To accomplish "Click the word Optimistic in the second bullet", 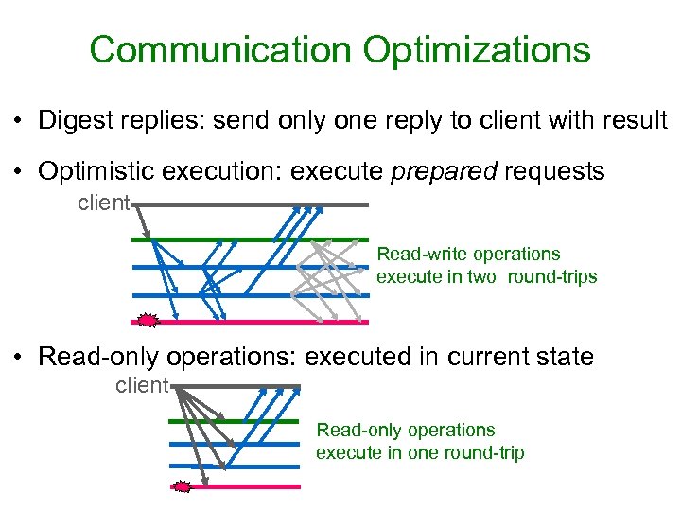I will click(96, 171).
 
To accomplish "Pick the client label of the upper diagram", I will click(103, 202).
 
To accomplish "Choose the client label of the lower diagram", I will click(141, 385).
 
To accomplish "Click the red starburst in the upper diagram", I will click(147, 321).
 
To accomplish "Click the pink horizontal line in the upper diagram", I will click(255, 322).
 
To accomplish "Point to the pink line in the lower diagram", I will click(246, 486).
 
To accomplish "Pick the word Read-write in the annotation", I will click(415, 254).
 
